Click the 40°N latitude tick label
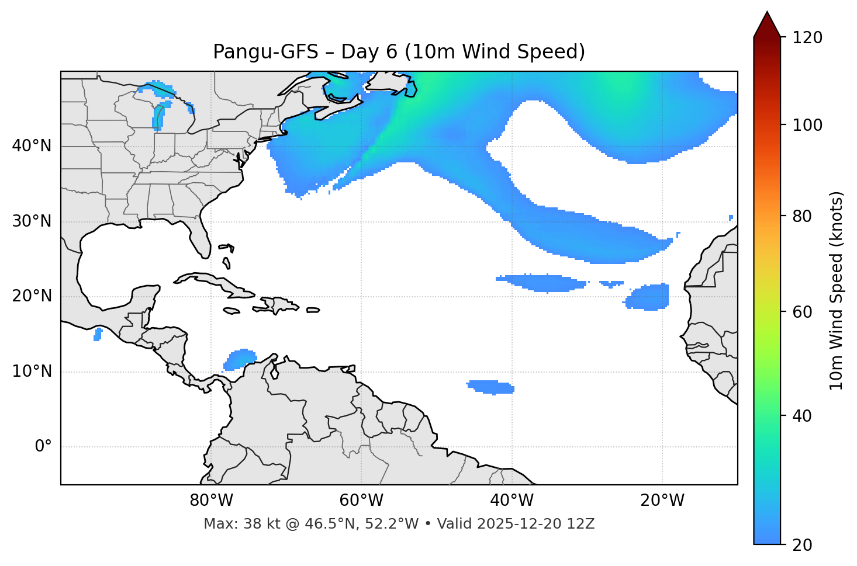click(32, 146)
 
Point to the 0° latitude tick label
click(43, 447)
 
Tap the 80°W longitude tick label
click(211, 501)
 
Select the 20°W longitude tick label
click(662, 501)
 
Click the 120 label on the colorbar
click(807, 38)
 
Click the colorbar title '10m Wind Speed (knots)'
click(837, 290)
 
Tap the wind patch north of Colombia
click(240, 359)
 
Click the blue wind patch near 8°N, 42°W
click(491, 387)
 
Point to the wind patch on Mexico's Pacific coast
click(98, 334)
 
